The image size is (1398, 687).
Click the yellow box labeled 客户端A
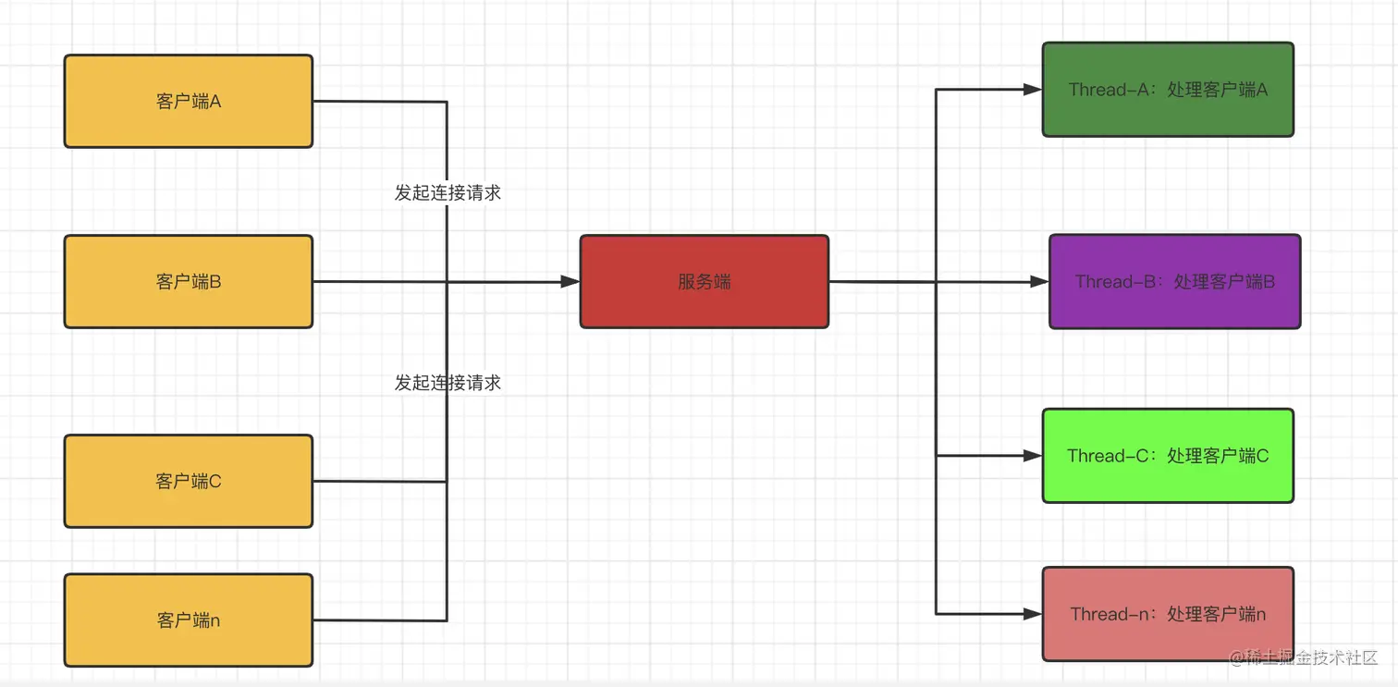pyautogui.click(x=188, y=101)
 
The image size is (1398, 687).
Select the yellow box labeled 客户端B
pyautogui.click(x=188, y=281)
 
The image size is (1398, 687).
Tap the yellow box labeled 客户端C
pyautogui.click(x=188, y=481)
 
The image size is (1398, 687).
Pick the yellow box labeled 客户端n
pyautogui.click(x=188, y=620)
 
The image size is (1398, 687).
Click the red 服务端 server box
pyautogui.click(x=704, y=281)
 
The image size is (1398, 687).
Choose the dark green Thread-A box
pyautogui.click(x=1168, y=90)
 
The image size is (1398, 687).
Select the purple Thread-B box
pyautogui.click(x=1174, y=281)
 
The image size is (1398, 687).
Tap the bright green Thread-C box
pyautogui.click(x=1168, y=456)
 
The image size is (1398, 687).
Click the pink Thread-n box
pyautogui.click(x=1168, y=614)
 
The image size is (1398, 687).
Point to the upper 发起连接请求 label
pyautogui.click(x=448, y=193)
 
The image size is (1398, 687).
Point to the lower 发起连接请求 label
pyautogui.click(x=448, y=383)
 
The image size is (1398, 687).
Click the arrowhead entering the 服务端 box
pyautogui.click(x=570, y=282)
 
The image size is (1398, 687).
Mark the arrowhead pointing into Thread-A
pyautogui.click(x=1033, y=90)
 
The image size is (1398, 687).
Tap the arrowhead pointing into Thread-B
pyautogui.click(x=1039, y=282)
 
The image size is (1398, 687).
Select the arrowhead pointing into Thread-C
pyautogui.click(x=1033, y=456)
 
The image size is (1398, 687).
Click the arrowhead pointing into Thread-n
pyautogui.click(x=1033, y=614)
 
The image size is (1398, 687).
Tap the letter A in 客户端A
pyautogui.click(x=215, y=101)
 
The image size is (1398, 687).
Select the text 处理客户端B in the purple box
pyautogui.click(x=1224, y=281)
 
